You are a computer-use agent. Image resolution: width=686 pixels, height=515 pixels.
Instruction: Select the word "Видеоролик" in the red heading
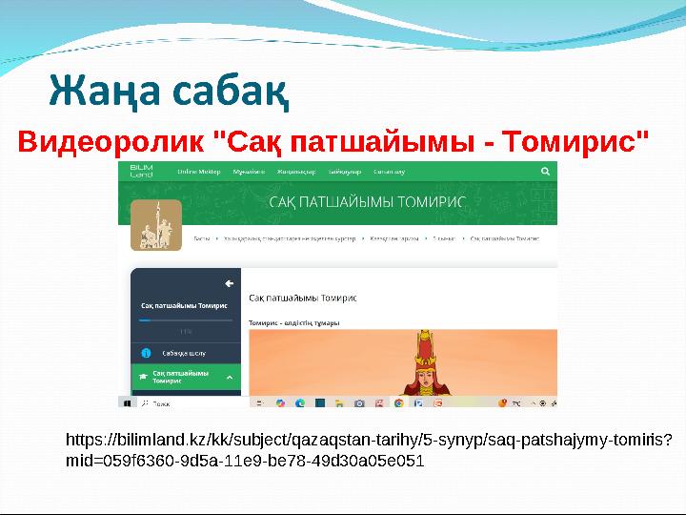pyautogui.click(x=113, y=143)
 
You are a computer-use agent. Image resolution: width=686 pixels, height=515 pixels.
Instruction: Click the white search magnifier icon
pyautogui.click(x=545, y=173)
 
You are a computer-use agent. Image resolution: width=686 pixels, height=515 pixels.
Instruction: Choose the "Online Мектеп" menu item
pyautogui.click(x=198, y=173)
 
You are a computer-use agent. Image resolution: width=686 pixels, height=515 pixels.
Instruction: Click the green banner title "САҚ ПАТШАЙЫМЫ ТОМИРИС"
pyautogui.click(x=368, y=202)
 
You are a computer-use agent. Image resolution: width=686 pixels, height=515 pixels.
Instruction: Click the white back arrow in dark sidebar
pyautogui.click(x=229, y=283)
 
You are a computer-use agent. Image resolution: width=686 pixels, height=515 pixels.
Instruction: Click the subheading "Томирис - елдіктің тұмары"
pyautogui.click(x=296, y=322)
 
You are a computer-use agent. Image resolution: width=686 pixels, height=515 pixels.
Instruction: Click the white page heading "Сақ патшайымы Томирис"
pyautogui.click(x=303, y=298)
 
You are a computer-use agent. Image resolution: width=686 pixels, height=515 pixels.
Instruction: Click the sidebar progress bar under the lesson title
pyautogui.click(x=187, y=320)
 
